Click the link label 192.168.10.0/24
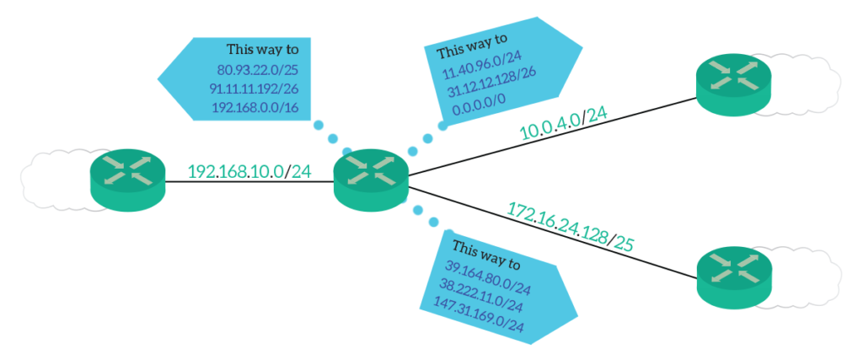point(249,172)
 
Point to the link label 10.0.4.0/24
point(563,127)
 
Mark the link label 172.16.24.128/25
point(570,225)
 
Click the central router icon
point(371,178)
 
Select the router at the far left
point(128,176)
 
